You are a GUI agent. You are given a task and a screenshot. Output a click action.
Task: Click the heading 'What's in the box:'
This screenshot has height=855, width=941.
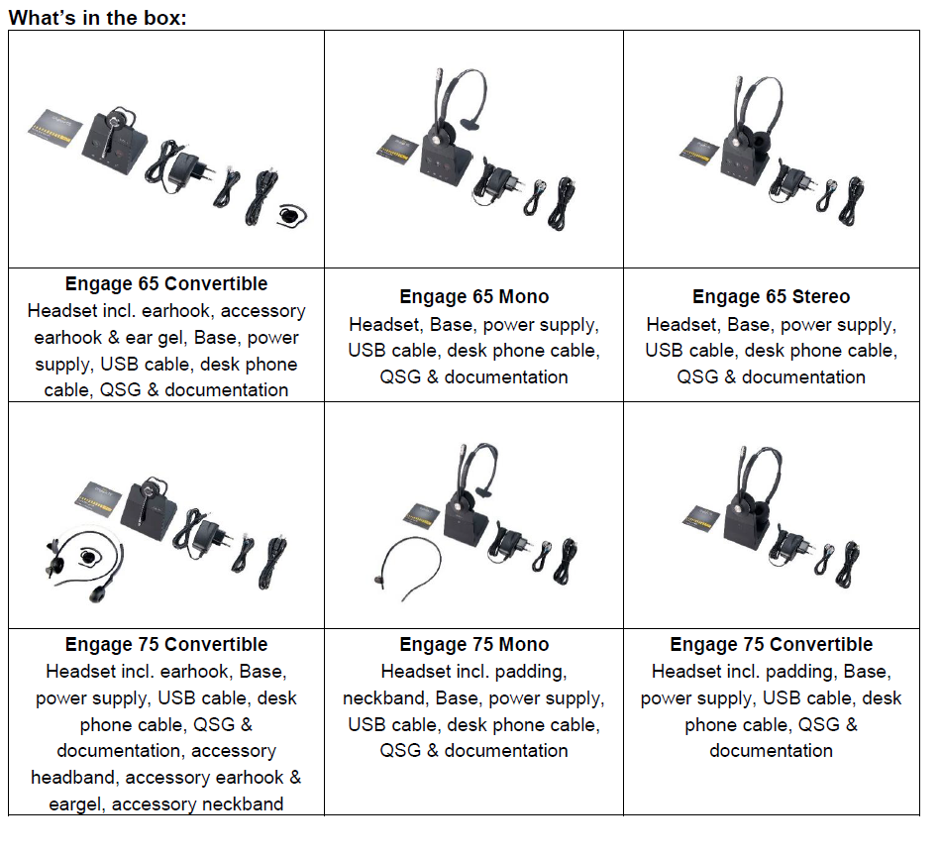coord(97,17)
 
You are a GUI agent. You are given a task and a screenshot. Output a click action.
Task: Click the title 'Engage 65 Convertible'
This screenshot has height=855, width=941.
coord(166,283)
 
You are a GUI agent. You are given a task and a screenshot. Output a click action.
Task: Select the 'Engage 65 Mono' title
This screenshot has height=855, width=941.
coord(473,296)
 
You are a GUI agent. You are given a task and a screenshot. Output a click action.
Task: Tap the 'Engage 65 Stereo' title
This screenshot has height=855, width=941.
coord(771,296)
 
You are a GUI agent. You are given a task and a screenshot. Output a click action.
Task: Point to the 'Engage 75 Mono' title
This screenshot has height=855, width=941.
coord(473,645)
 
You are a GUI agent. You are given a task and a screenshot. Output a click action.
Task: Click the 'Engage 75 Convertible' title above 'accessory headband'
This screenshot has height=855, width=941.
coord(166,645)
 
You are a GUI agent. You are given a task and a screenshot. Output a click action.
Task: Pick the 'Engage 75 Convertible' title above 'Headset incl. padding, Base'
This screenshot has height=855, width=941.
coord(771,645)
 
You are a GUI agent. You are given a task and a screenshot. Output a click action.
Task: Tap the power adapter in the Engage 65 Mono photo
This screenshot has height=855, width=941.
coord(495,180)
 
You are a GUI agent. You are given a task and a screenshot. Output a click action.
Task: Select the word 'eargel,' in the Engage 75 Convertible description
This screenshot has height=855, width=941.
coord(77,804)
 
